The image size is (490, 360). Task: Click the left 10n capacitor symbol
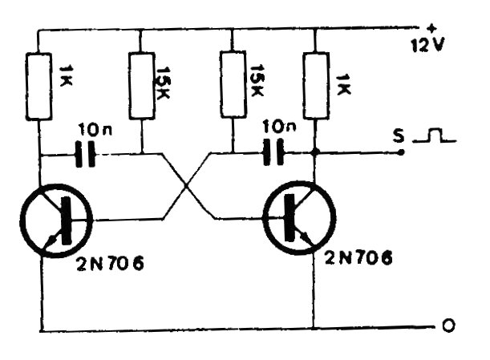tap(83, 154)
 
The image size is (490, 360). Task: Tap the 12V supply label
tap(426, 44)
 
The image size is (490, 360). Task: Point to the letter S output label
tap(398, 136)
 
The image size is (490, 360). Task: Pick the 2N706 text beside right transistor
tap(359, 258)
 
